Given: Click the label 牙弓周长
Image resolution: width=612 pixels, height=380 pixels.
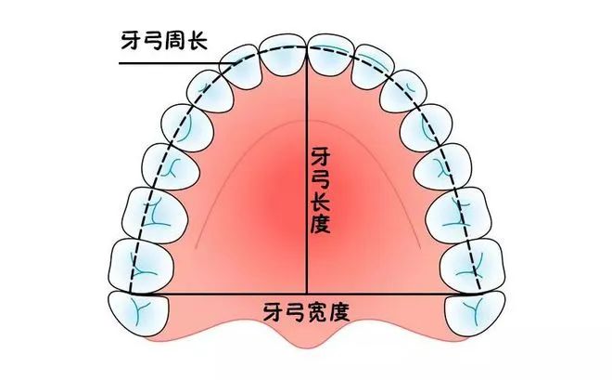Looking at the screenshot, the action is coord(164,40).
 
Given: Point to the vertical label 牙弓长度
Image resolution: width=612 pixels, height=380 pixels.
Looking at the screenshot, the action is coord(321,190).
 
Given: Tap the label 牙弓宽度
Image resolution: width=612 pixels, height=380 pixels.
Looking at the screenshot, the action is coord(306,311).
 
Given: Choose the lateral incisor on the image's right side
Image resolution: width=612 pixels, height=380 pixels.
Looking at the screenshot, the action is coord(373,67).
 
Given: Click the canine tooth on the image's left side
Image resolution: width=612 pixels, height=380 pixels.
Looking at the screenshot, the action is coord(210,92).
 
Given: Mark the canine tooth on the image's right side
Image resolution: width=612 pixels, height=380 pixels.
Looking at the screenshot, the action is coord(402,92).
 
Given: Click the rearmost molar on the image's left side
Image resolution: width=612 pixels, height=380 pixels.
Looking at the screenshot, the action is coord(138,313).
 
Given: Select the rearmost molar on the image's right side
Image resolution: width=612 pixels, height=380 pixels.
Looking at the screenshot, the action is coord(475,313).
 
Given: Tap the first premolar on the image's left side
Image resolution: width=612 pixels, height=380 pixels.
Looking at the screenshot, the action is coord(187,128).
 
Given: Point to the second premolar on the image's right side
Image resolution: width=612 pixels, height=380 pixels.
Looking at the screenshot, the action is coord(442,167).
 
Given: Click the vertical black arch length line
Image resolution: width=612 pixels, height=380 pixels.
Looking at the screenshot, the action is coord(307,170).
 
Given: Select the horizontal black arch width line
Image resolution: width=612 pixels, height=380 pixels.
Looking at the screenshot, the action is coord(306,294).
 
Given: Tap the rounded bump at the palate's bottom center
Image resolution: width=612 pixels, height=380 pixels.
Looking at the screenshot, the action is coord(306,335).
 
